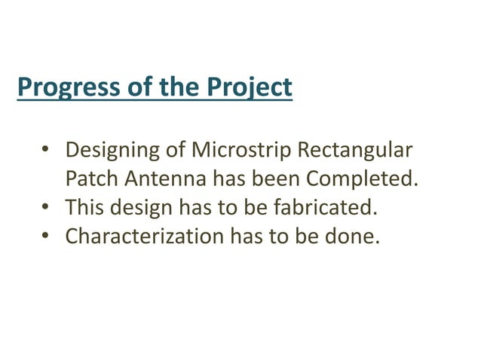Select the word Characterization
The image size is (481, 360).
coord(143,236)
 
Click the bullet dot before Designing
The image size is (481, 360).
coord(45,151)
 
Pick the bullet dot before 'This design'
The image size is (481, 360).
coord(45,208)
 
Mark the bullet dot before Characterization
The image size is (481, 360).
coord(45,236)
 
